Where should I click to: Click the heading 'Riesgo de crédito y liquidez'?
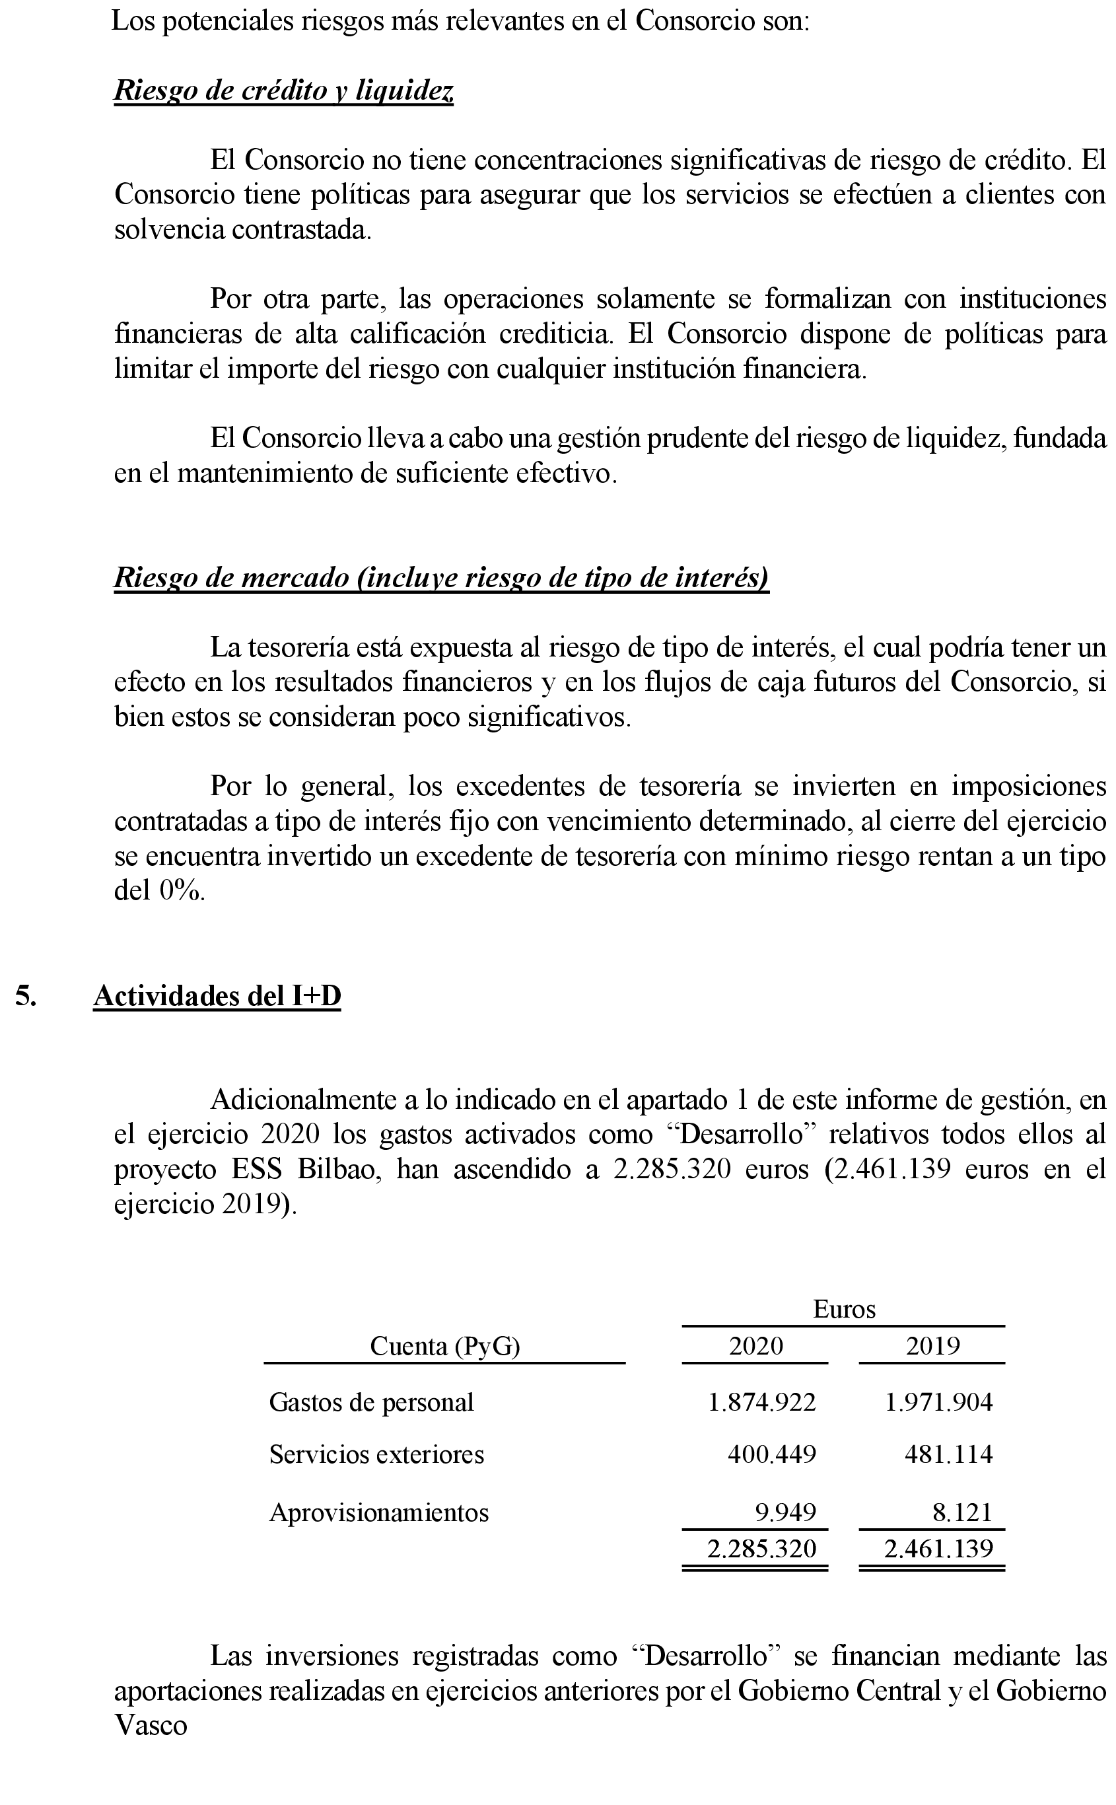coord(283,90)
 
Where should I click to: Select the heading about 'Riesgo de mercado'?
coord(440,577)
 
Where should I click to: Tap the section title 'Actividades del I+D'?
coord(217,996)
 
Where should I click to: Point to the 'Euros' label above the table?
coord(844,1309)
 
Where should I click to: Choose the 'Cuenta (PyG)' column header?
coord(444,1346)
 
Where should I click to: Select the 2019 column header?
coord(932,1346)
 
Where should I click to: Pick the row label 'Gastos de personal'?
coord(371,1402)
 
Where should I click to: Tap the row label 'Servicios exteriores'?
coord(376,1454)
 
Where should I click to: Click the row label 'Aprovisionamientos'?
coord(378,1506)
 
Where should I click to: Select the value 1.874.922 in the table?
coord(761,1402)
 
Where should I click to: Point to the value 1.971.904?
coord(939,1402)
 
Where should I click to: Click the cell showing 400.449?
coord(771,1454)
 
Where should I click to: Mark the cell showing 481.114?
coord(948,1454)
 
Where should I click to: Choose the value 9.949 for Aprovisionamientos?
coord(785,1506)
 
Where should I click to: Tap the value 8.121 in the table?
coord(961,1506)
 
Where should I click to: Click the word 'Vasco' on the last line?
coord(151,1726)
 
